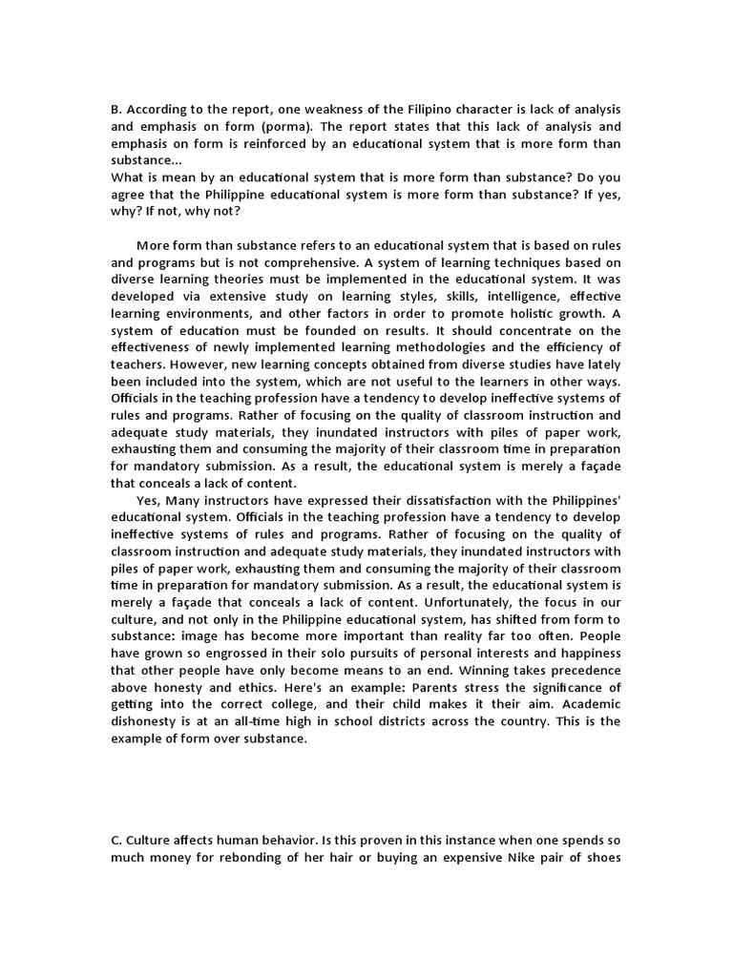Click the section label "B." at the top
tap(117, 109)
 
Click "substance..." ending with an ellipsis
tap(146, 160)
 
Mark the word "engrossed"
tap(252, 653)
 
